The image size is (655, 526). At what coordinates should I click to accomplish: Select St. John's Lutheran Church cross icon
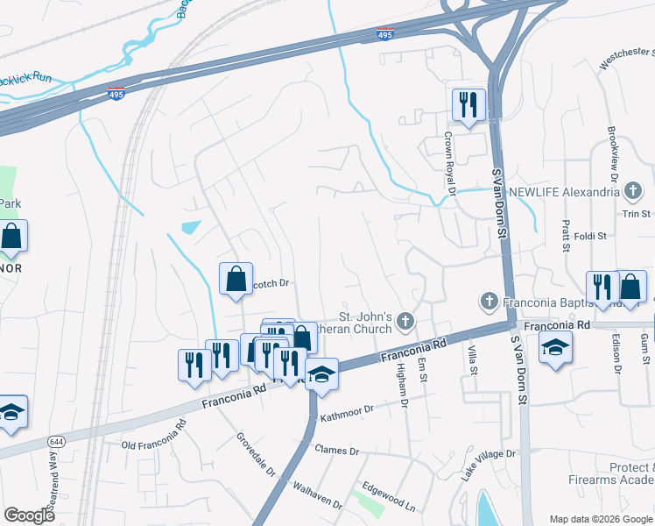[x=405, y=321]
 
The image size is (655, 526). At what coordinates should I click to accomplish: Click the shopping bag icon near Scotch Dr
[x=236, y=280]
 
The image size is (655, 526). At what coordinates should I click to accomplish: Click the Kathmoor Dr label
[x=346, y=412]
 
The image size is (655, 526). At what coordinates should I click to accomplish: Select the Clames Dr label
[x=336, y=451]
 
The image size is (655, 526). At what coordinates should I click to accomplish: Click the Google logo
[x=30, y=515]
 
